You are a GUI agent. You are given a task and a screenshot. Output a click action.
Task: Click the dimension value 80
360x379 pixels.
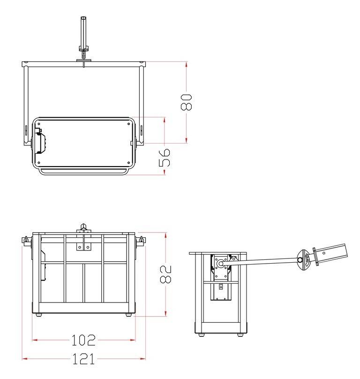(x=187, y=102)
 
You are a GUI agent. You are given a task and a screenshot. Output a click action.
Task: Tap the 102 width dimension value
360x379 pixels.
(x=83, y=340)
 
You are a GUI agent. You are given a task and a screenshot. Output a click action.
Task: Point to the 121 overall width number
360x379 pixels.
(x=83, y=359)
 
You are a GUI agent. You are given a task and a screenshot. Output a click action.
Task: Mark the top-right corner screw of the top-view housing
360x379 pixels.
(x=129, y=124)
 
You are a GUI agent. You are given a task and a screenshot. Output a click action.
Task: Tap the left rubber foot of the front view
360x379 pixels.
(x=38, y=315)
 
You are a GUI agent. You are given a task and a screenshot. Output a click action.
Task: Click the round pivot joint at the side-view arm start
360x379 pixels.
(x=220, y=264)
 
